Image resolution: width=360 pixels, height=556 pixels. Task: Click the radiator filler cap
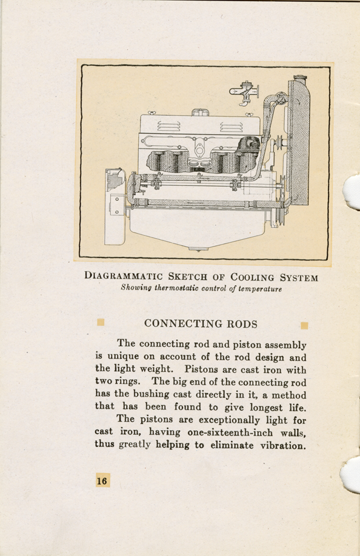tap(300, 78)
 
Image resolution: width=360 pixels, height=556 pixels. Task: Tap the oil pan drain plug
tap(198, 248)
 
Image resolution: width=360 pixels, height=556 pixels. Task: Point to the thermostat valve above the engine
tap(244, 93)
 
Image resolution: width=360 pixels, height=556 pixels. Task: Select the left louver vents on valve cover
tap(169, 126)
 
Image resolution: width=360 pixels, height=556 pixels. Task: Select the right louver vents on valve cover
tap(232, 127)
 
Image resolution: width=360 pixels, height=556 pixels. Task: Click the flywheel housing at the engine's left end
tap(115, 207)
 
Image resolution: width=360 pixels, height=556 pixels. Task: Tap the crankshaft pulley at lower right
tap(279, 214)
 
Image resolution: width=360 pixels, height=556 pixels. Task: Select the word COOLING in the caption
tap(252, 277)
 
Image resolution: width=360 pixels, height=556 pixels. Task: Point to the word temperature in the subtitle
tap(261, 289)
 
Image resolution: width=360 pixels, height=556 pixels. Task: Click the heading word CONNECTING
tap(184, 324)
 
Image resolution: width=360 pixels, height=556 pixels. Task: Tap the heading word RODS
tap(242, 324)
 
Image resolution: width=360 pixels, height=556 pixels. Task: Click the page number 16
tap(102, 480)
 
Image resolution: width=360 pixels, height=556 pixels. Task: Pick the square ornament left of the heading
tap(101, 322)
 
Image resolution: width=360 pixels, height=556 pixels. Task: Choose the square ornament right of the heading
tap(304, 325)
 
